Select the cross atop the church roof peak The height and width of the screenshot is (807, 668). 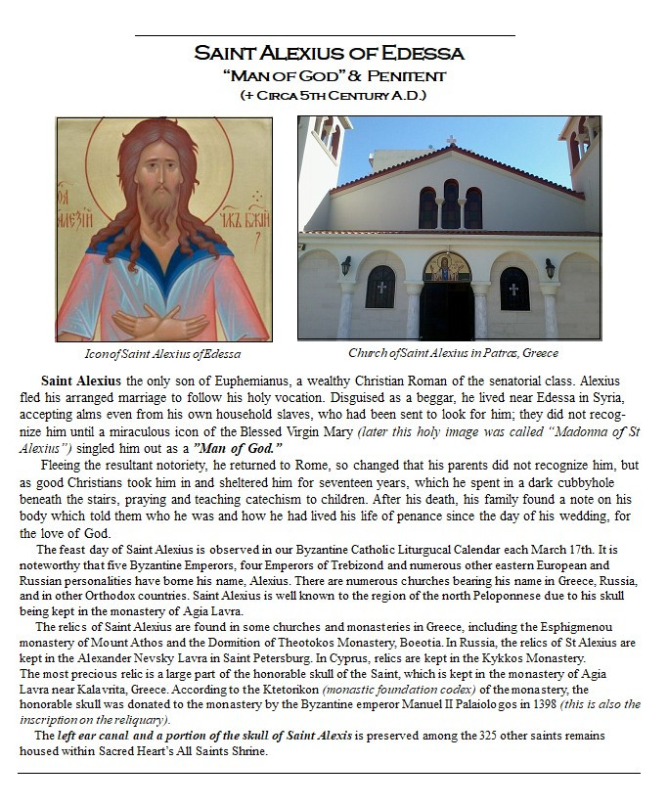(450, 141)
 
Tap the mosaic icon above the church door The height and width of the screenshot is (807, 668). (447, 266)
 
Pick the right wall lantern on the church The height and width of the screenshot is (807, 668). (549, 267)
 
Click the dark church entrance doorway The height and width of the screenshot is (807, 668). (447, 310)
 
